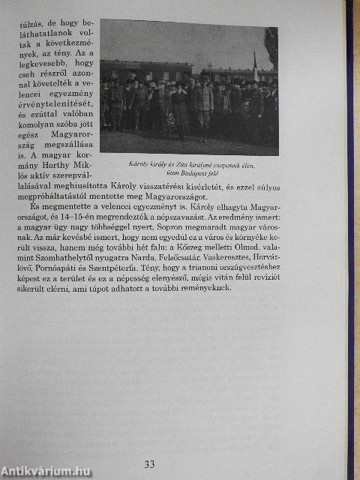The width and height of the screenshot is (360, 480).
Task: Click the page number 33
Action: [x=149, y=464]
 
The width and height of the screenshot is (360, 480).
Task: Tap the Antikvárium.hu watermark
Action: [x=46, y=471]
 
